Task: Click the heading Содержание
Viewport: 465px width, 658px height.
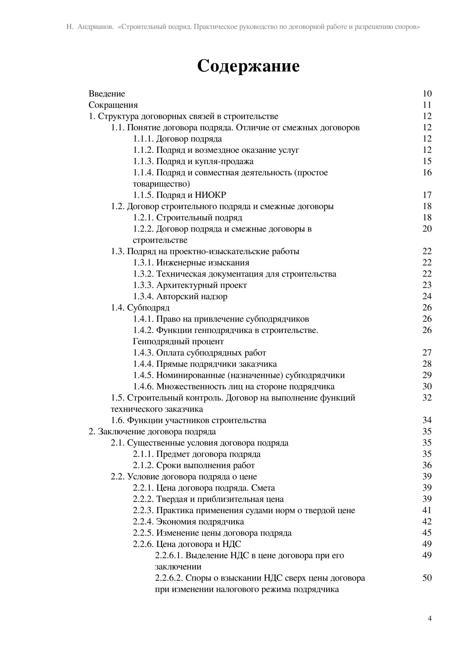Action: (248, 66)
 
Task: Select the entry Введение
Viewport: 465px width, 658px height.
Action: (107, 93)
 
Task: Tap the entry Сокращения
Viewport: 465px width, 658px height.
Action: (113, 105)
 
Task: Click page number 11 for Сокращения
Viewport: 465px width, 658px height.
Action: (427, 105)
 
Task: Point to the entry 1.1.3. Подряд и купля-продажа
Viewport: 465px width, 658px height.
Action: (193, 161)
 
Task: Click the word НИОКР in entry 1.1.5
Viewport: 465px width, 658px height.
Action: (210, 195)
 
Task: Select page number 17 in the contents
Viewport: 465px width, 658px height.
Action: (427, 195)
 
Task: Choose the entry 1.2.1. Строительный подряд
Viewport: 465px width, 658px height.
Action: (187, 218)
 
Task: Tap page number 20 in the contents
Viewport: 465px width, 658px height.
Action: (427, 229)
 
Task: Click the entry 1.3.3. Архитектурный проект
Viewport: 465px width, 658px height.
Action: (190, 285)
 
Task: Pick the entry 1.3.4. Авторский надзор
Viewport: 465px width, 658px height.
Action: (180, 297)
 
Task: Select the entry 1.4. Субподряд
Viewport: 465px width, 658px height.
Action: (140, 308)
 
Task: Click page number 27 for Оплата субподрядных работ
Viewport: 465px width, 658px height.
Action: (427, 353)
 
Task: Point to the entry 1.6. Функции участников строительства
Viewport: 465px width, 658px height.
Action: (188, 420)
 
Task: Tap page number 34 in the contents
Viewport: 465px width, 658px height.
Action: (427, 420)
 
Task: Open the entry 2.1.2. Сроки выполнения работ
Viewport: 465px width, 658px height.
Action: (193, 465)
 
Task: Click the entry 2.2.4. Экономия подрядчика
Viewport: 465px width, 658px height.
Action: (188, 522)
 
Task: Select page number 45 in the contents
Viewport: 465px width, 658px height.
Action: (427, 533)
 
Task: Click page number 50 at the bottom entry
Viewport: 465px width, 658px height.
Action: (427, 578)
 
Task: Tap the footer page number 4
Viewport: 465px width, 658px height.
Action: (430, 619)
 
